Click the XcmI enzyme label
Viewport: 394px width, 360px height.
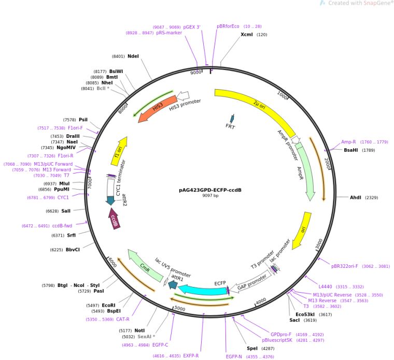click(247, 34)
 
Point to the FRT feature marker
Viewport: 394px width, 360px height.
click(232, 120)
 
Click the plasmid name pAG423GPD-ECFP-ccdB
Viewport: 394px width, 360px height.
click(210, 190)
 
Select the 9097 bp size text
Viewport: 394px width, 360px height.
click(210, 196)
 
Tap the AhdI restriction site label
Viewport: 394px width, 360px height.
click(356, 197)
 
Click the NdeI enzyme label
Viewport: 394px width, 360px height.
click(133, 56)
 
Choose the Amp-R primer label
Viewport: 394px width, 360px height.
click(348, 142)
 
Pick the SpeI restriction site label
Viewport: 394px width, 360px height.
click(252, 348)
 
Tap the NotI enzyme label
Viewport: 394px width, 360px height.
click(139, 330)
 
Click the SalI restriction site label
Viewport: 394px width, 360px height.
click(66, 211)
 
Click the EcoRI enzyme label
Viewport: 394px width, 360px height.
click(108, 305)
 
